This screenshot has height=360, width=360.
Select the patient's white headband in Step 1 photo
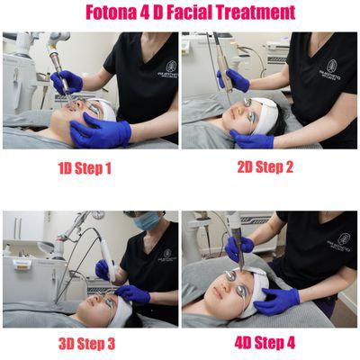[105, 112]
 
